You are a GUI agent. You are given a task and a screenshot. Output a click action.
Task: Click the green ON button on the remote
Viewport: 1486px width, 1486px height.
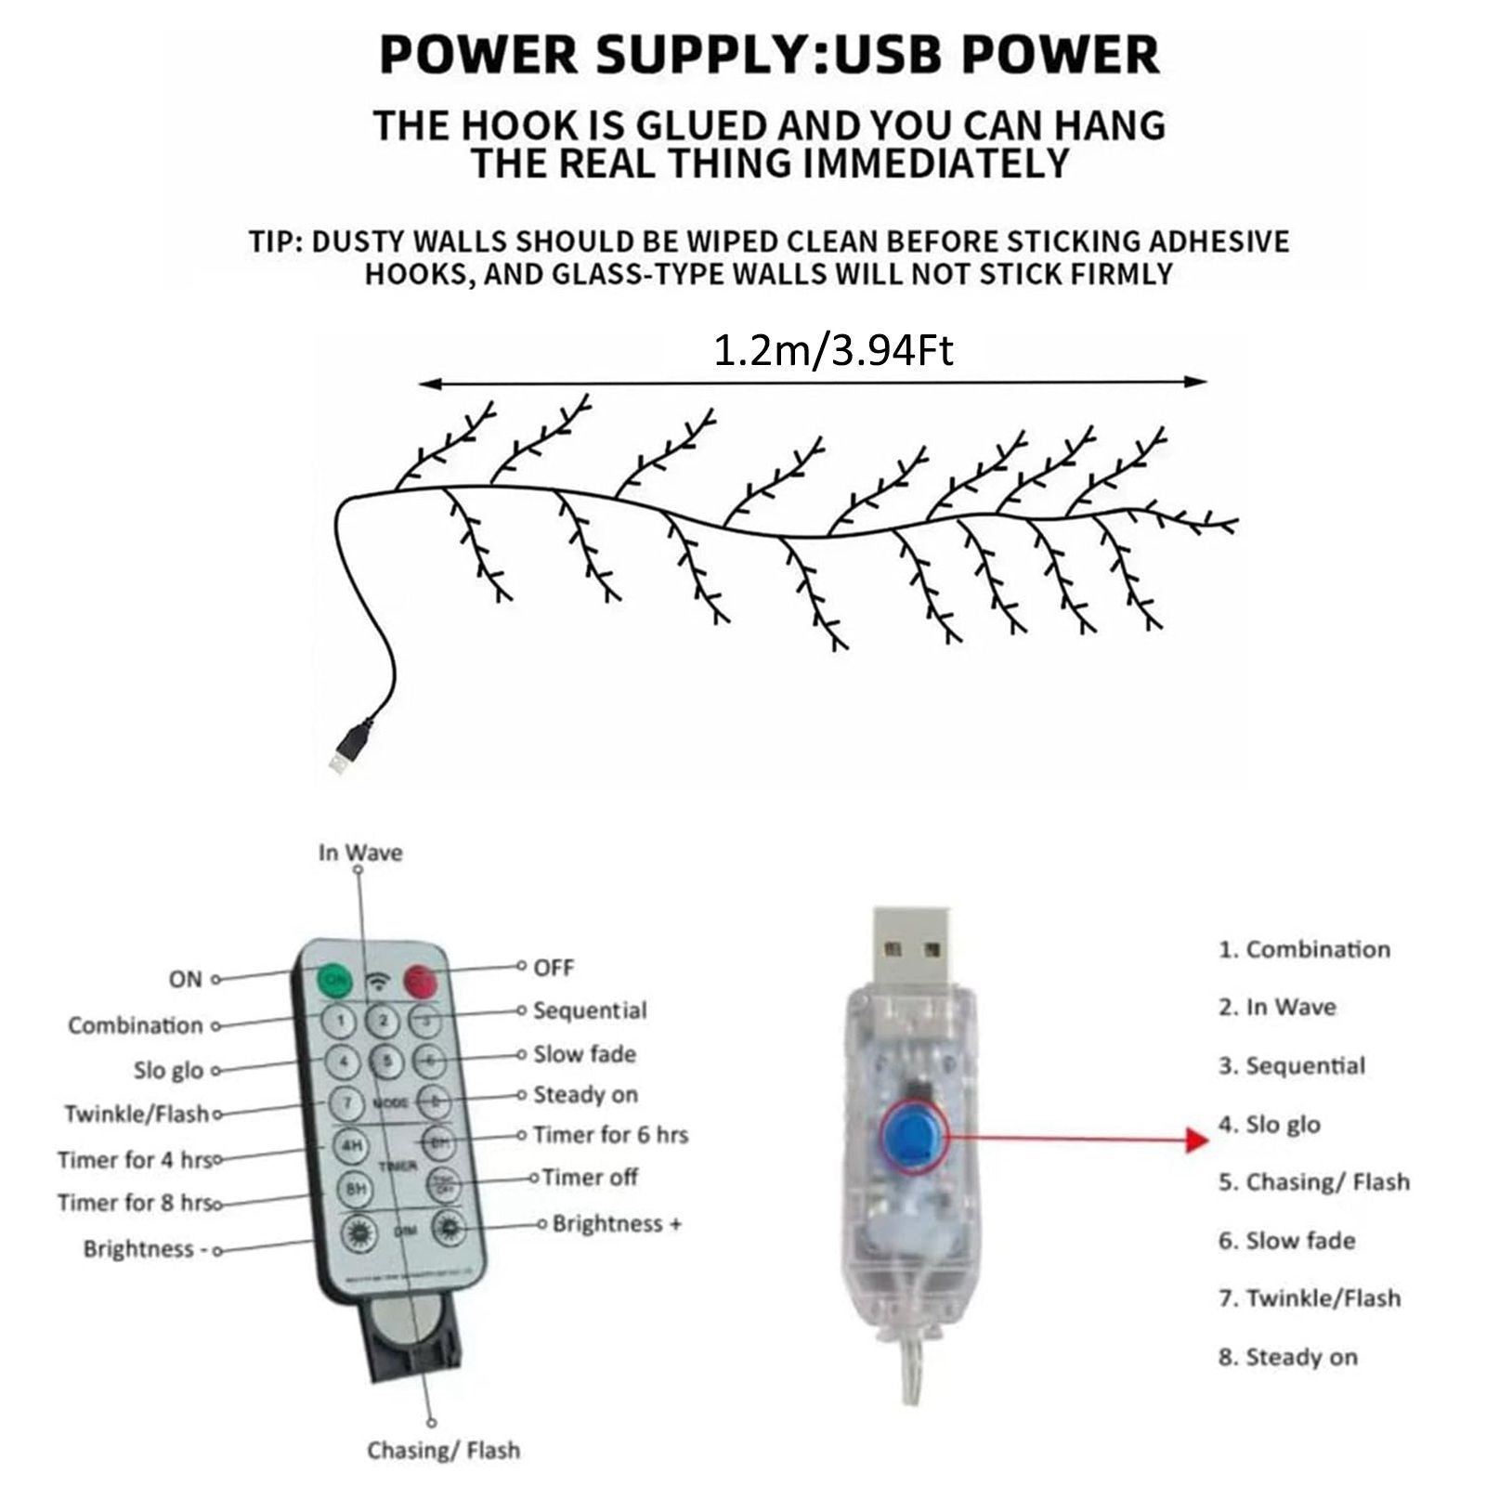pos(334,980)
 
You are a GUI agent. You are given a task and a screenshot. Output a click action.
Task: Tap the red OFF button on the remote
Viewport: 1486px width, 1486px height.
pos(420,980)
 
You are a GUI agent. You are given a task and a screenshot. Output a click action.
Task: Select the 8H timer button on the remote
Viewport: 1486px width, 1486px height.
pos(354,1188)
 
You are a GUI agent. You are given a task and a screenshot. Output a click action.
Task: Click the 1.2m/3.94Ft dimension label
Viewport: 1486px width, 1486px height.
pos(833,352)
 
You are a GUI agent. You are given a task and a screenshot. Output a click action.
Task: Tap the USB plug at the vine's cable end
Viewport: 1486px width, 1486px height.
pos(341,753)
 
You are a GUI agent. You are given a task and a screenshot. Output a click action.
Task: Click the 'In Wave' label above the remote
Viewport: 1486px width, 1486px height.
pos(360,853)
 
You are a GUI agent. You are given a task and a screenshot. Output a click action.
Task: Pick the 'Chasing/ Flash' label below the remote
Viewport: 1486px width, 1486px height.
pos(443,1450)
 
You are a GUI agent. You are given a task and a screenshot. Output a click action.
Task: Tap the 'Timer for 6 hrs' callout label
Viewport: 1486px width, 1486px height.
pos(610,1135)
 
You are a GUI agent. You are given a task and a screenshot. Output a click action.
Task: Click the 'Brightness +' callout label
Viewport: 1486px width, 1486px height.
pos(617,1223)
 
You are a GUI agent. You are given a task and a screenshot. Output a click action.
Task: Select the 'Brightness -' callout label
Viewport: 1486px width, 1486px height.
pos(145,1249)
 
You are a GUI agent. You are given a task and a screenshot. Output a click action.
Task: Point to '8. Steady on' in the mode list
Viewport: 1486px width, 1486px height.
pos(1287,1357)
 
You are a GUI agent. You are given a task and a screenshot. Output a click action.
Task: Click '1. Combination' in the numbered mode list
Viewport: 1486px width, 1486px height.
pos(1304,949)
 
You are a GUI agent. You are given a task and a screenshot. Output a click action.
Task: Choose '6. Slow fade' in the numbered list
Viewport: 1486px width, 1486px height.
pos(1286,1240)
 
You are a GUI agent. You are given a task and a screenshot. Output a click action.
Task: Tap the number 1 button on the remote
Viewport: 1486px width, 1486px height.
pos(341,1020)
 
